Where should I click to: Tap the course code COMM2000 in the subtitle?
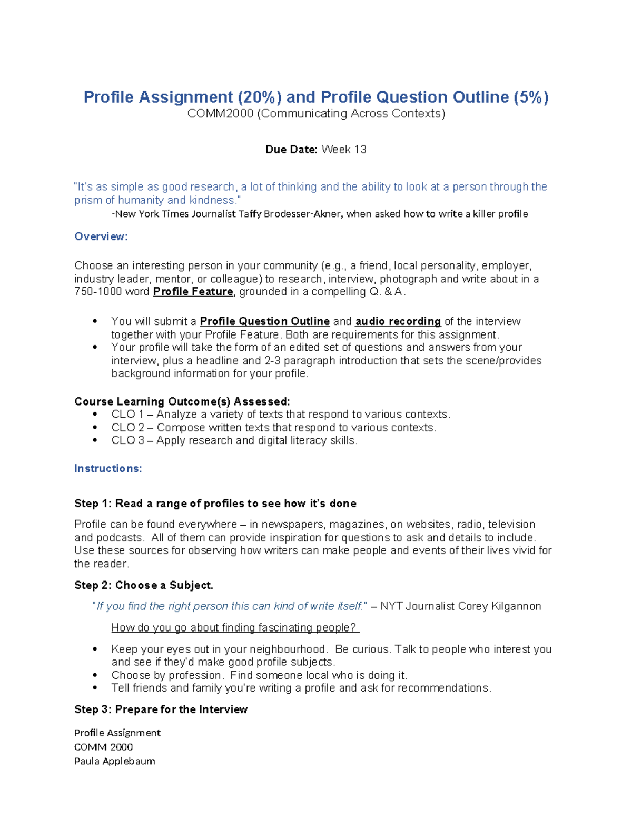point(220,114)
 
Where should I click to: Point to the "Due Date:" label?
point(291,150)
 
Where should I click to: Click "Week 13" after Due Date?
point(344,150)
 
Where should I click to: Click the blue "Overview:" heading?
point(101,236)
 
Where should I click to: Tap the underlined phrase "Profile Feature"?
point(193,292)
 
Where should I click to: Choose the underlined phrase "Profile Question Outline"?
point(265,321)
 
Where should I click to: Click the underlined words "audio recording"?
point(398,321)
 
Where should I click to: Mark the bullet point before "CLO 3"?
point(95,441)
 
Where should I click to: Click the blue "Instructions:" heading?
point(108,469)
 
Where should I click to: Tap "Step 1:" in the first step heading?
point(93,504)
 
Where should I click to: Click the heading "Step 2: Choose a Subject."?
point(144,585)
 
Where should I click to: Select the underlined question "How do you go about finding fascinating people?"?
point(235,628)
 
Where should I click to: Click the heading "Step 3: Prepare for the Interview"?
point(161,709)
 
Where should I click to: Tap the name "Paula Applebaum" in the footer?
point(114,761)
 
